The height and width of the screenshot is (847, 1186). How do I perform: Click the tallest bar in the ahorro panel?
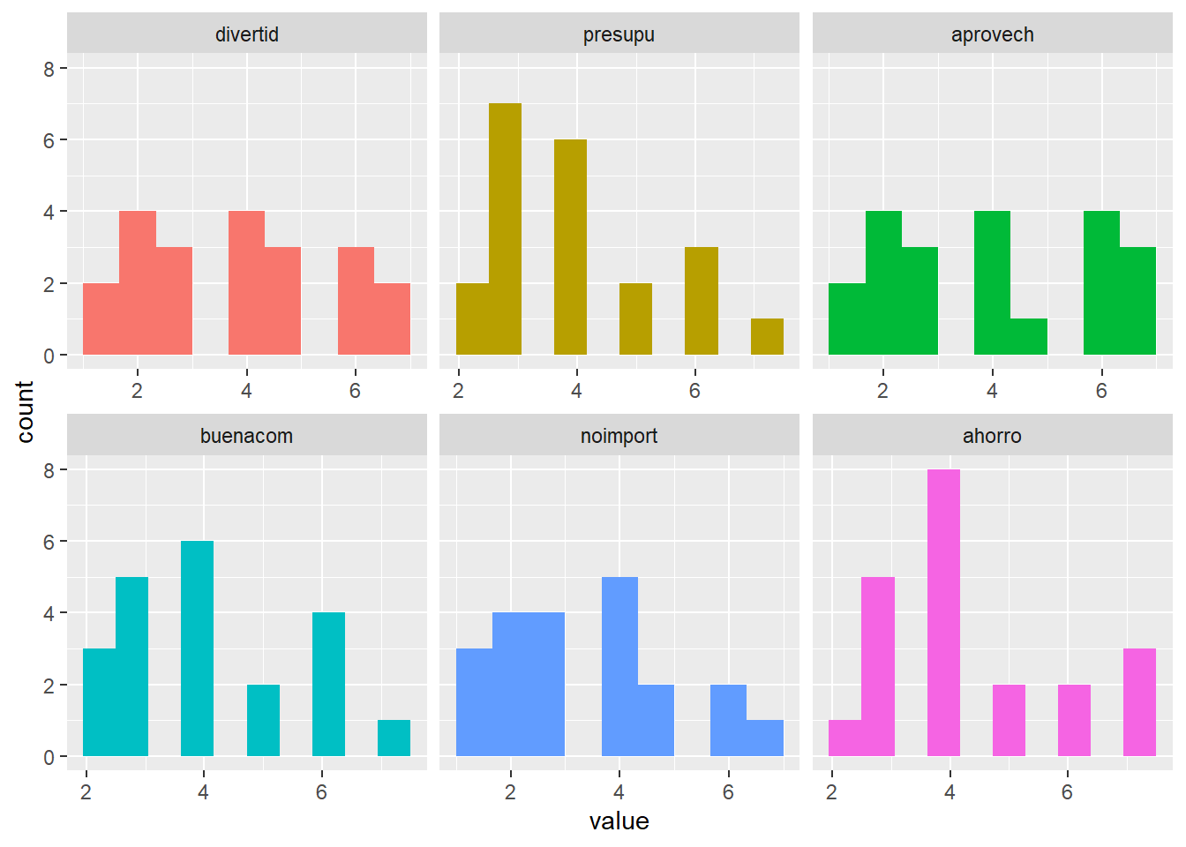point(943,613)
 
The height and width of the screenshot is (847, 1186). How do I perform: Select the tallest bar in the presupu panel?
point(505,229)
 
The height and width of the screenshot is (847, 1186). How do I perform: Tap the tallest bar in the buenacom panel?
point(197,648)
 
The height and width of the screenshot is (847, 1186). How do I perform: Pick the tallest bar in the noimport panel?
point(619,667)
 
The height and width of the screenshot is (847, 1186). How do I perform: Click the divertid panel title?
point(247,34)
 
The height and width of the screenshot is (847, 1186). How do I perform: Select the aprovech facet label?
point(992,34)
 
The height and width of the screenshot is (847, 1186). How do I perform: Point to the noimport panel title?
point(619,436)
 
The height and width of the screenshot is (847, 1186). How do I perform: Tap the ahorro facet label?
point(992,436)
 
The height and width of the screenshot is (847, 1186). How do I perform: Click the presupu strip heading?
point(619,34)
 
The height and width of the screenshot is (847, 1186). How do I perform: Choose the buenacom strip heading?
point(246,436)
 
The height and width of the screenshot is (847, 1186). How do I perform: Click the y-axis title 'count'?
point(25,411)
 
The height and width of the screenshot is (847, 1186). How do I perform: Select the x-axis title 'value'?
point(619,821)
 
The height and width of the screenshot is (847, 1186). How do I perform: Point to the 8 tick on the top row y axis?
point(49,69)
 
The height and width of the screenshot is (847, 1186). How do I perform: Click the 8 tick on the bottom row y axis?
point(49,470)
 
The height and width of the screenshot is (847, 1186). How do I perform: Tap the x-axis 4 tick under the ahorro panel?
point(950,792)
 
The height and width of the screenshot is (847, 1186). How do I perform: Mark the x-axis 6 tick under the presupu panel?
point(694,391)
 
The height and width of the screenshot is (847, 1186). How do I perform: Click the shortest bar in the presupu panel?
point(767,337)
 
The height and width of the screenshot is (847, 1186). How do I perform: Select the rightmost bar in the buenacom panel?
point(394,738)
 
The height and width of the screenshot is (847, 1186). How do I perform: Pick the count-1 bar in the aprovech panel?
point(1029,337)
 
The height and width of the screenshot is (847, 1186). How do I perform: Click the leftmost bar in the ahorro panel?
point(844,738)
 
